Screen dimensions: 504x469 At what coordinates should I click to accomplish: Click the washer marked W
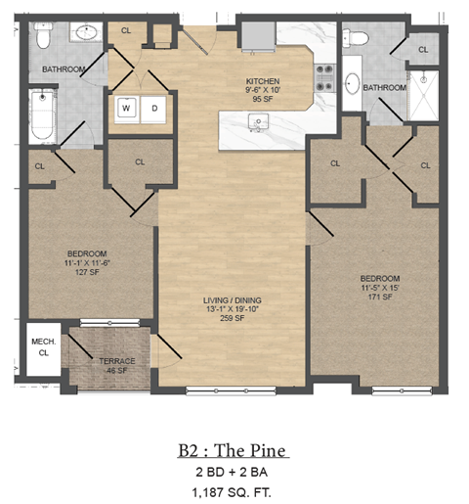(126, 109)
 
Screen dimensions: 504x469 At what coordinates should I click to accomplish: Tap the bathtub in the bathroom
(41, 115)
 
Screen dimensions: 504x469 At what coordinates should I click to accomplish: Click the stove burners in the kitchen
(324, 77)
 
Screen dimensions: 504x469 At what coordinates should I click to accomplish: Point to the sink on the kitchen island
(259, 121)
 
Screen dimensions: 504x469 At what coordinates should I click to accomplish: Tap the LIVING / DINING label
(234, 300)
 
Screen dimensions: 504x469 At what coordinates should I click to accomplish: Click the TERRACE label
(116, 361)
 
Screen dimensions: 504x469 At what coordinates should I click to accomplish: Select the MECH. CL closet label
(41, 345)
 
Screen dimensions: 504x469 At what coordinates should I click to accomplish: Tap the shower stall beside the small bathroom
(423, 93)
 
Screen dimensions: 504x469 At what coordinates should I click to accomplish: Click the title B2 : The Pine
(234, 451)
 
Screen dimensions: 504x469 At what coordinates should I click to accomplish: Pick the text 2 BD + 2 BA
(234, 473)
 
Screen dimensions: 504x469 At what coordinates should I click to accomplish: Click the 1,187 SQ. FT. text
(234, 490)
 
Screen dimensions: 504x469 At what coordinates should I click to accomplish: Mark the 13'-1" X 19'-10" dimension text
(234, 310)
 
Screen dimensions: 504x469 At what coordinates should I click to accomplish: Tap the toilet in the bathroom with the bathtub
(41, 38)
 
